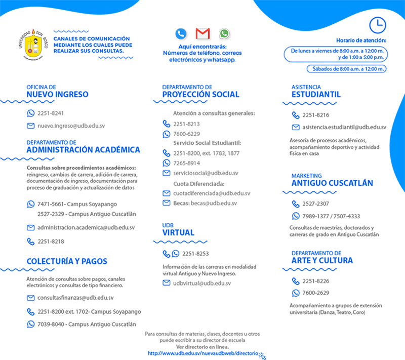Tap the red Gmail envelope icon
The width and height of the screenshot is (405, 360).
point(202,34)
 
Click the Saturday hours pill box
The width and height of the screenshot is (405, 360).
point(347,69)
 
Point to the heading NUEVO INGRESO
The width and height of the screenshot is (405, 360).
point(57,94)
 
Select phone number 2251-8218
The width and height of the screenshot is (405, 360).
point(51,242)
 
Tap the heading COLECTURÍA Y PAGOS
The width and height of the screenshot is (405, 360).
point(67,261)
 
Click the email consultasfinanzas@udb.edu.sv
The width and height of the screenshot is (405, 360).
point(75,298)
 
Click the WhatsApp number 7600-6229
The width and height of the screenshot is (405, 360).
point(186,134)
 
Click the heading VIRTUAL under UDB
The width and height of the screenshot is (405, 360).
point(178,233)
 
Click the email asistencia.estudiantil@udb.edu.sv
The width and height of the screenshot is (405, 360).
point(344,127)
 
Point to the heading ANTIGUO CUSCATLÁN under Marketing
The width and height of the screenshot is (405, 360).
point(332,183)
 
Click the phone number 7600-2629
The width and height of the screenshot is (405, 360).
point(316,293)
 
